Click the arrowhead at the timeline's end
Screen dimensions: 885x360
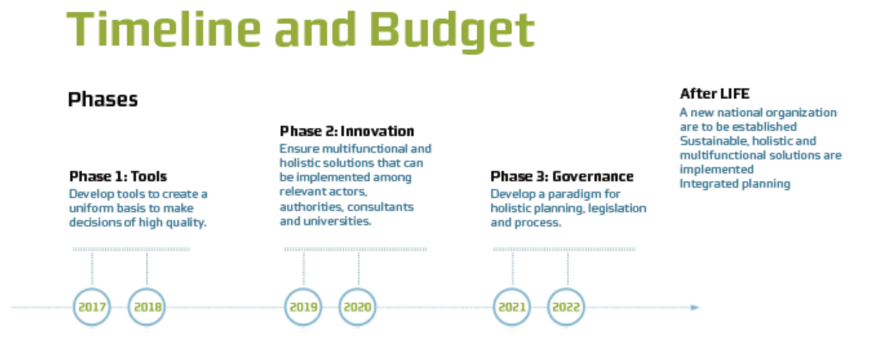click(x=696, y=307)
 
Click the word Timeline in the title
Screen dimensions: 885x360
click(x=164, y=29)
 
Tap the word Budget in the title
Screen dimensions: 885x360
click(x=451, y=30)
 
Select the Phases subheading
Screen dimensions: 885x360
click(x=102, y=99)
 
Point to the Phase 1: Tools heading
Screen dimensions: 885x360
click(x=118, y=177)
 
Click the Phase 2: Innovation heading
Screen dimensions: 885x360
click(x=347, y=132)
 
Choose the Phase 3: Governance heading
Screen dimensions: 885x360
click(x=561, y=177)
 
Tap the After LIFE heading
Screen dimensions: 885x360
click(x=715, y=94)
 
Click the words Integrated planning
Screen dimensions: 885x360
click(x=735, y=184)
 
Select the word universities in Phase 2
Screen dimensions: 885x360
click(x=337, y=221)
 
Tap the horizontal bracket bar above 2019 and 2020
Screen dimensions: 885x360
click(x=356, y=249)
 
